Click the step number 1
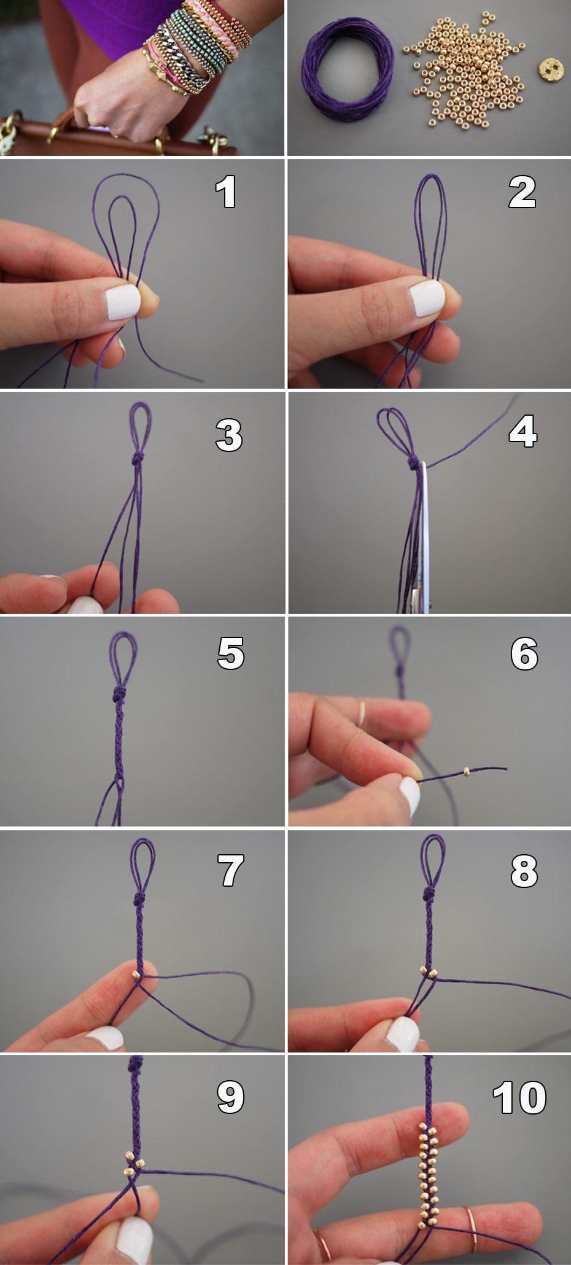click(226, 192)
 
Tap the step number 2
click(522, 192)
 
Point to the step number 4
click(523, 431)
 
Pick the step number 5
click(231, 653)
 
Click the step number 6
click(524, 653)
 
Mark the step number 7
click(231, 871)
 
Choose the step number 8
click(524, 871)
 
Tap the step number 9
click(231, 1097)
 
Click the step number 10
click(519, 1097)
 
